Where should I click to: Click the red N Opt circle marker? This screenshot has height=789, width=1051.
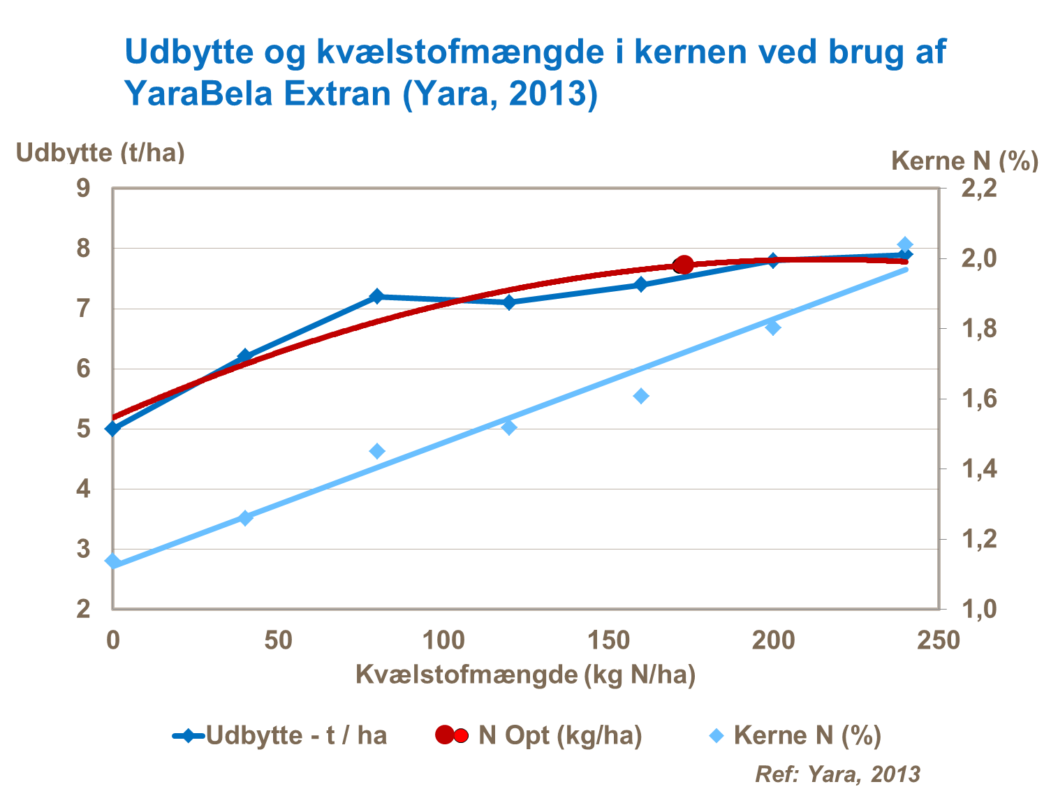coord(684,265)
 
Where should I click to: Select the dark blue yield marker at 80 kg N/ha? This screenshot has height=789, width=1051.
coord(377,296)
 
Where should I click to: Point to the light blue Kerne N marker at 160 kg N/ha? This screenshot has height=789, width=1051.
coord(641,397)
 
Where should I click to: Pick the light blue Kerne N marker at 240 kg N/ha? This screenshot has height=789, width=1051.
coord(905,244)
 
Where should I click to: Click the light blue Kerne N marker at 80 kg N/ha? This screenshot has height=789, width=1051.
coord(377,451)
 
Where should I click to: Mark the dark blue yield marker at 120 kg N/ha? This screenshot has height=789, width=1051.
coord(509,302)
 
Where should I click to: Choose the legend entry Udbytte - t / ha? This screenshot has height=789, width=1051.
coord(280,735)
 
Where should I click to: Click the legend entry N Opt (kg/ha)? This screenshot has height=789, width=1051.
coord(538,735)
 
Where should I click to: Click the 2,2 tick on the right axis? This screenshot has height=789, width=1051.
coord(979,188)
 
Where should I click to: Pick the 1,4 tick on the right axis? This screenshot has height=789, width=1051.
coord(979,469)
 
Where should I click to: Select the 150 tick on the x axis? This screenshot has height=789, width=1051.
coord(608,640)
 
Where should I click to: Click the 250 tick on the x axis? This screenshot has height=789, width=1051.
coord(939,640)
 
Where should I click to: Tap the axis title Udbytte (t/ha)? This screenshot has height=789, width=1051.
coord(101,152)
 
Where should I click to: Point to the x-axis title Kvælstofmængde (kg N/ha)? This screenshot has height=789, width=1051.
coord(525,674)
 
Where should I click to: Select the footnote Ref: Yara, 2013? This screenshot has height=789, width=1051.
coord(837,774)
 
